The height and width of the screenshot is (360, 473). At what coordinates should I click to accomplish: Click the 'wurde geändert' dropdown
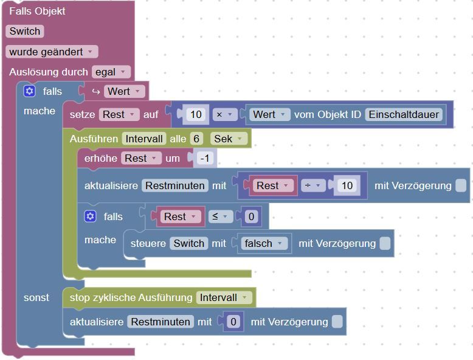(x=52, y=52)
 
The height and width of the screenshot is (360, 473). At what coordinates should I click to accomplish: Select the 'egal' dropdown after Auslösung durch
(x=111, y=72)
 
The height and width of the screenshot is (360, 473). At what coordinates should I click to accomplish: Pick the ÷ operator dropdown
(x=313, y=185)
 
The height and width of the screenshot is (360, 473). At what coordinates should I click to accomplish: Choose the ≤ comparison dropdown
(x=219, y=216)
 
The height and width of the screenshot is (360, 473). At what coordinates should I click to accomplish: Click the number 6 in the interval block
(x=196, y=139)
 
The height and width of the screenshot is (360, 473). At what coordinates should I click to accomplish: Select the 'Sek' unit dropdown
(x=229, y=139)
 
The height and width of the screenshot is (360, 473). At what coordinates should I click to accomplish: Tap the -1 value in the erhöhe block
(x=205, y=158)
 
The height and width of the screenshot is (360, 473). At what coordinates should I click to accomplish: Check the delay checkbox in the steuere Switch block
(x=385, y=243)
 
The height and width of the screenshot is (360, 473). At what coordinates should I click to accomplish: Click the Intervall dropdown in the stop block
(x=223, y=297)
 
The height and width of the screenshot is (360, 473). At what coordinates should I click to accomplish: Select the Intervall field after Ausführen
(x=143, y=139)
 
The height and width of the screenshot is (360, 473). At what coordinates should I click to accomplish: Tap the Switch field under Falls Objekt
(x=25, y=31)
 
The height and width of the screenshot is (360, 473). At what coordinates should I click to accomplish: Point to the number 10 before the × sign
(x=196, y=114)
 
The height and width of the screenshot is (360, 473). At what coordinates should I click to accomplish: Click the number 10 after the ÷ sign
(x=347, y=185)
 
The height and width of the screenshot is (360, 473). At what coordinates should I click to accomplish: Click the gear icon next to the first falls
(x=29, y=91)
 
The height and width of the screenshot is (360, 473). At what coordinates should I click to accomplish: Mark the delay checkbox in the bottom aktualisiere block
(x=337, y=322)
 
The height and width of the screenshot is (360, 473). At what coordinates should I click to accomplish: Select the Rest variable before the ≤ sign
(x=179, y=216)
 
